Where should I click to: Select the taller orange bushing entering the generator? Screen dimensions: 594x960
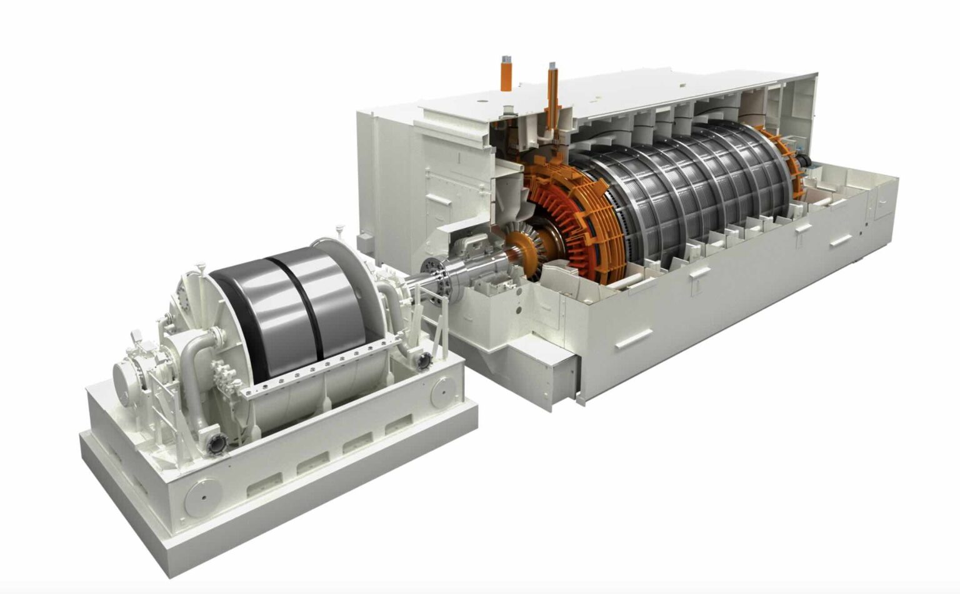[x=552, y=94]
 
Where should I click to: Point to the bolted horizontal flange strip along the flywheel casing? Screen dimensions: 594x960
[x=325, y=365]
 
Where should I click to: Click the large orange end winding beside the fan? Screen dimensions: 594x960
[x=562, y=212]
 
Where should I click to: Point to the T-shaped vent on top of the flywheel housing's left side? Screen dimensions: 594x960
[x=199, y=269]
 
